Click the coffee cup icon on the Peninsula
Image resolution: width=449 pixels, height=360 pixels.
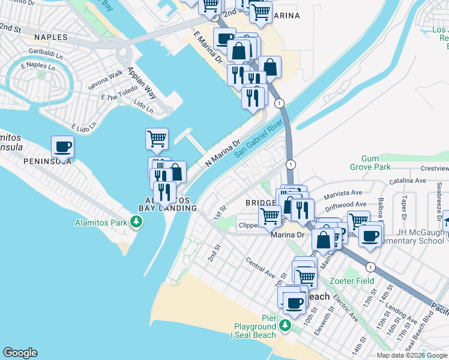[x=62, y=146]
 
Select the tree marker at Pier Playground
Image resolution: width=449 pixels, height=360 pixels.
[x=286, y=326]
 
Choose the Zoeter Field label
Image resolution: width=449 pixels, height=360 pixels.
[x=351, y=280]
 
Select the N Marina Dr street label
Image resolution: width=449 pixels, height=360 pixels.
[x=222, y=153]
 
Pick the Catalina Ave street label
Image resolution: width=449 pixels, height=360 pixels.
[x=406, y=179]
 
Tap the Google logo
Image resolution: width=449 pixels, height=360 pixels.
[x=20, y=353]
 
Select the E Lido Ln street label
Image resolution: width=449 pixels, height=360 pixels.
[x=83, y=128]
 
